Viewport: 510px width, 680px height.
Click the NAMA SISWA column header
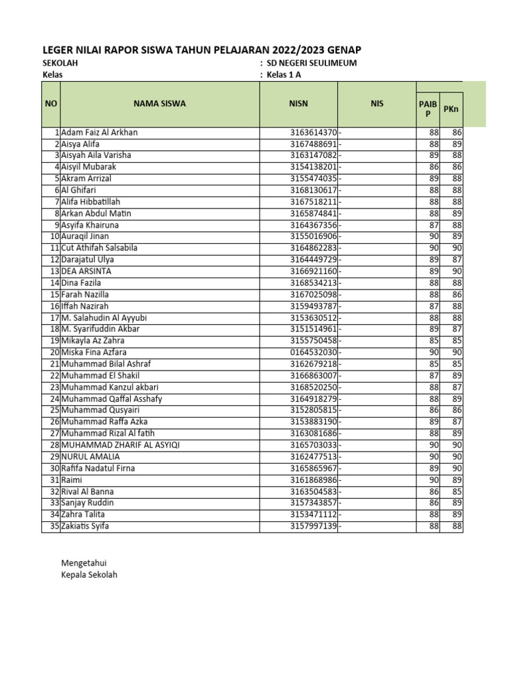pos(159,104)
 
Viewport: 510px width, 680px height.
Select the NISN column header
pos(298,104)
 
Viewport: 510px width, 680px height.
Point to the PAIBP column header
pos(428,108)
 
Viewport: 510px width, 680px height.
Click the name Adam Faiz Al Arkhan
pos(99,132)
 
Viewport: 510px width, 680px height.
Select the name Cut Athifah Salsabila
pos(99,248)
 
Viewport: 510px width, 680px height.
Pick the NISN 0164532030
pos(314,352)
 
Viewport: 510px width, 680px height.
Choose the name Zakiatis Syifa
pos(85,526)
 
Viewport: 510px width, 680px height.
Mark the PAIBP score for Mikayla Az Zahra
pos(433,341)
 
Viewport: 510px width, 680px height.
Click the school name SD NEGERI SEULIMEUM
pos(311,63)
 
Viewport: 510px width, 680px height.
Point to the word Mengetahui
pos(84,562)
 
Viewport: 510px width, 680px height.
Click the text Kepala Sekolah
pos(89,574)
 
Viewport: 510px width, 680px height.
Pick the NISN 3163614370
pos(314,132)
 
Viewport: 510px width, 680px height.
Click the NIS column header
pos(377,104)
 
